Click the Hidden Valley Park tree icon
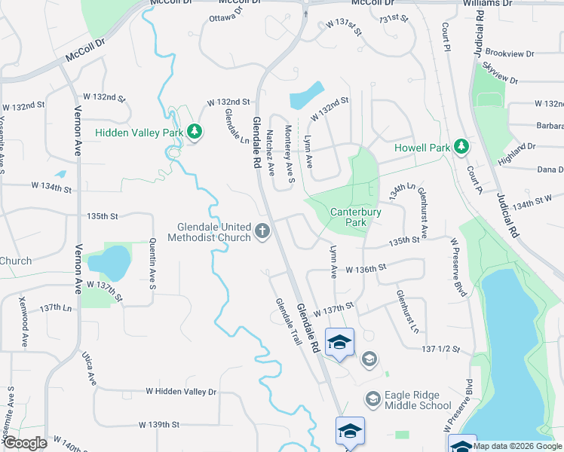tap(195, 133)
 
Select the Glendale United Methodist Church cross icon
tap(263, 232)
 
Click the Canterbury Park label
tap(356, 217)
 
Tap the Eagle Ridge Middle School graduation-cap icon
tap(372, 398)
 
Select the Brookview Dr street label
tap(510, 54)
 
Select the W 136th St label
tap(366, 268)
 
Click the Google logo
tap(24, 443)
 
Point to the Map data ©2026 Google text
tap(517, 445)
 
